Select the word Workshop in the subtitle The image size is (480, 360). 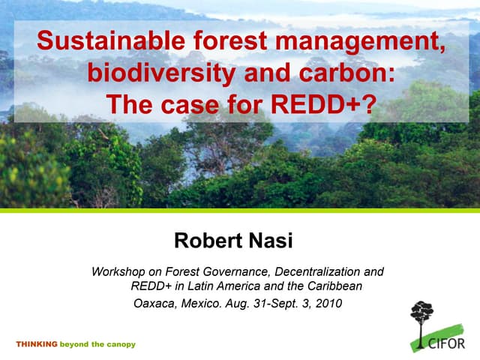[117, 271]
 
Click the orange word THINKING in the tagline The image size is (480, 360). [37, 344]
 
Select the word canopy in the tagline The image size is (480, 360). [121, 344]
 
